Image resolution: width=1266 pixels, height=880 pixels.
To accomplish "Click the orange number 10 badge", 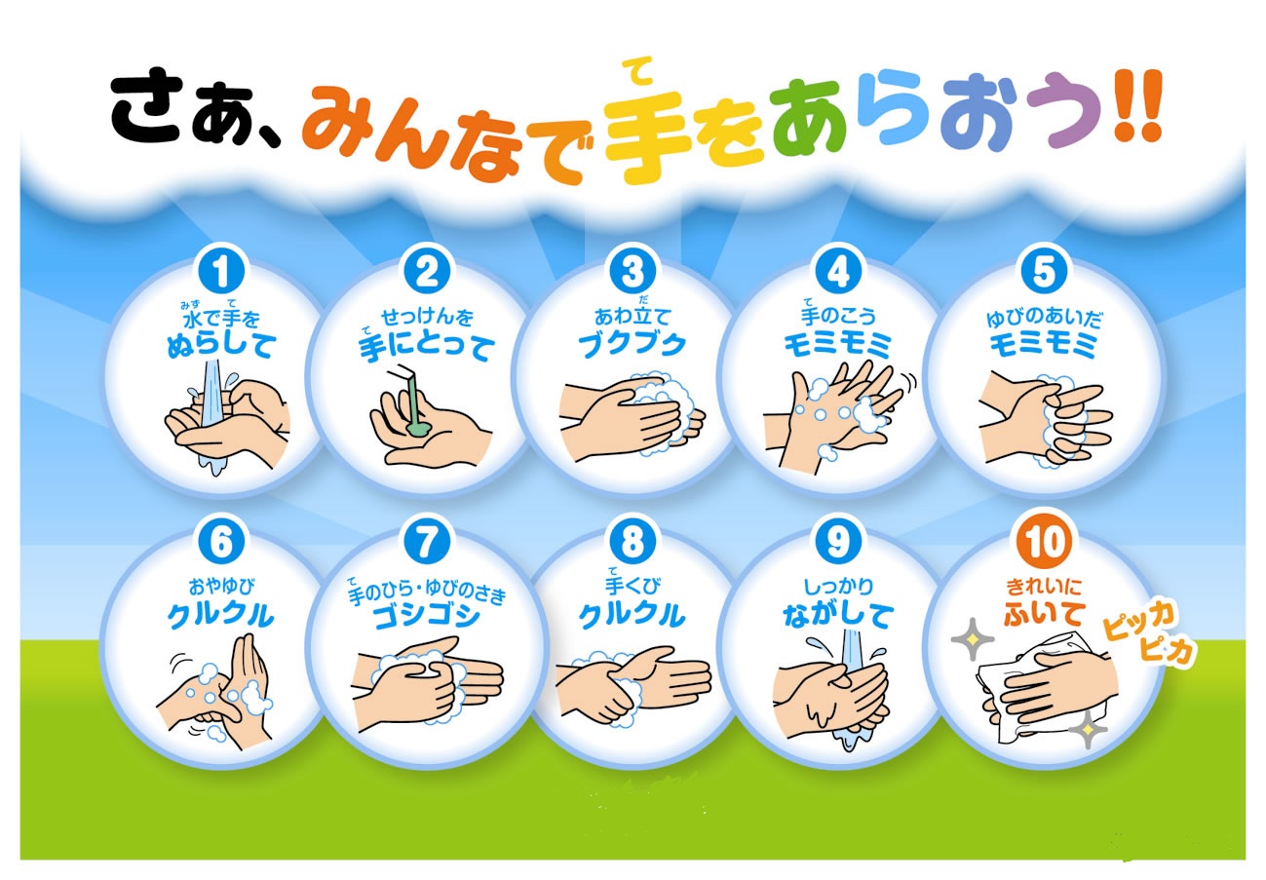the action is [1045, 542].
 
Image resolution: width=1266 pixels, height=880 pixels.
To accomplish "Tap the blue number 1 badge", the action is [221, 271].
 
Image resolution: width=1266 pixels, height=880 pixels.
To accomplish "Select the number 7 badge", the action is [427, 542].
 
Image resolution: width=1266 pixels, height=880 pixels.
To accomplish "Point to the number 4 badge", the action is [839, 271].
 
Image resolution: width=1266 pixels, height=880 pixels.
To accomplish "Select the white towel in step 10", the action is [1046, 690].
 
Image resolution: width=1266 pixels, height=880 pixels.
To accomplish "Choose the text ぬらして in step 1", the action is [221, 345].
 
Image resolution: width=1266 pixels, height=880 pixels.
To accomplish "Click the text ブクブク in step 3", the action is [633, 344].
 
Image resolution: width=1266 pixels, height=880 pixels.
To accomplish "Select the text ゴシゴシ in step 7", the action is [427, 616].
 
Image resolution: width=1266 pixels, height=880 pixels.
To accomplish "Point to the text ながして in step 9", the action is [839, 616].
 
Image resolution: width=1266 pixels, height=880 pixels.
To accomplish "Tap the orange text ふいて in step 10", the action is [1044, 614].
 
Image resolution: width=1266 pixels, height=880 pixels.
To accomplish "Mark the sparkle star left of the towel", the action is [972, 639].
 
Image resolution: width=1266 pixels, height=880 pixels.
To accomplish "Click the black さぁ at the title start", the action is [181, 108].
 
